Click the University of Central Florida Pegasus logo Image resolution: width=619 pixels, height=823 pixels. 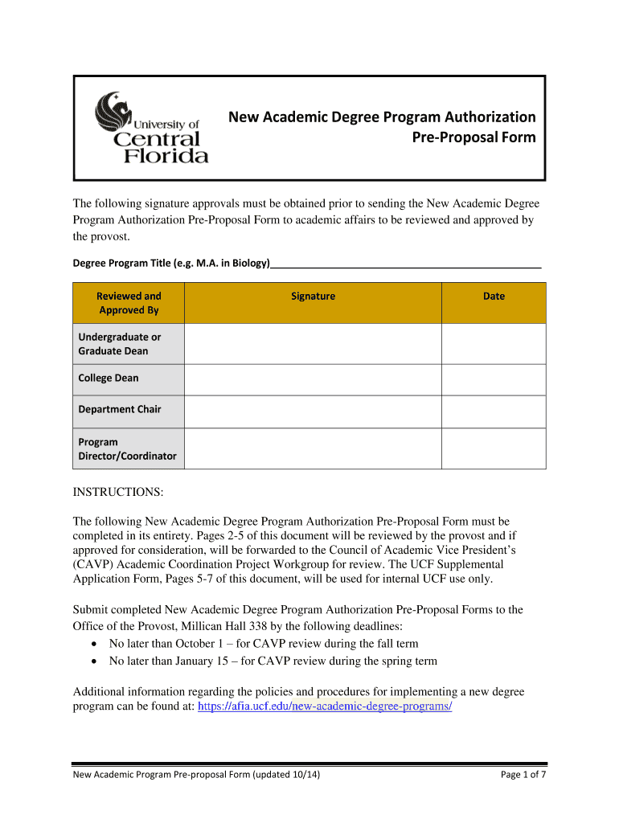[152, 128]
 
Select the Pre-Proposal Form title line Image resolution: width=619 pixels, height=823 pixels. [473, 137]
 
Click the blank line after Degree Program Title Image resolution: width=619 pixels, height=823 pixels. [406, 263]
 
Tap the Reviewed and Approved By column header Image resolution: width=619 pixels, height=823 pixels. [129, 303]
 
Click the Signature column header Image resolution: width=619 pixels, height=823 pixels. [313, 297]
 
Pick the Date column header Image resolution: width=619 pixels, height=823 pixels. [494, 297]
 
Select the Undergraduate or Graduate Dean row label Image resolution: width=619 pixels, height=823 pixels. [120, 344]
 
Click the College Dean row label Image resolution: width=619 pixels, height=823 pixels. [109, 378]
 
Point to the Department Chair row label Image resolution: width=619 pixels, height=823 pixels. [120, 409]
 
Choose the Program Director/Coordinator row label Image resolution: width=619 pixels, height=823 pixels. [127, 448]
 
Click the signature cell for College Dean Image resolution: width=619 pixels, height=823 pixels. [313, 379]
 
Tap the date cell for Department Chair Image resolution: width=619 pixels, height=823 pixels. [494, 411]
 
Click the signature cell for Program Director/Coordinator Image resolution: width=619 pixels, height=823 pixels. [313, 448]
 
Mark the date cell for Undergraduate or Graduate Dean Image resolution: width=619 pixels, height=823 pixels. [494, 344]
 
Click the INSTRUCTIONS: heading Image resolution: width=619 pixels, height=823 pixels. [118, 491]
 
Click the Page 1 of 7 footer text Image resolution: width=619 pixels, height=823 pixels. [523, 775]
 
